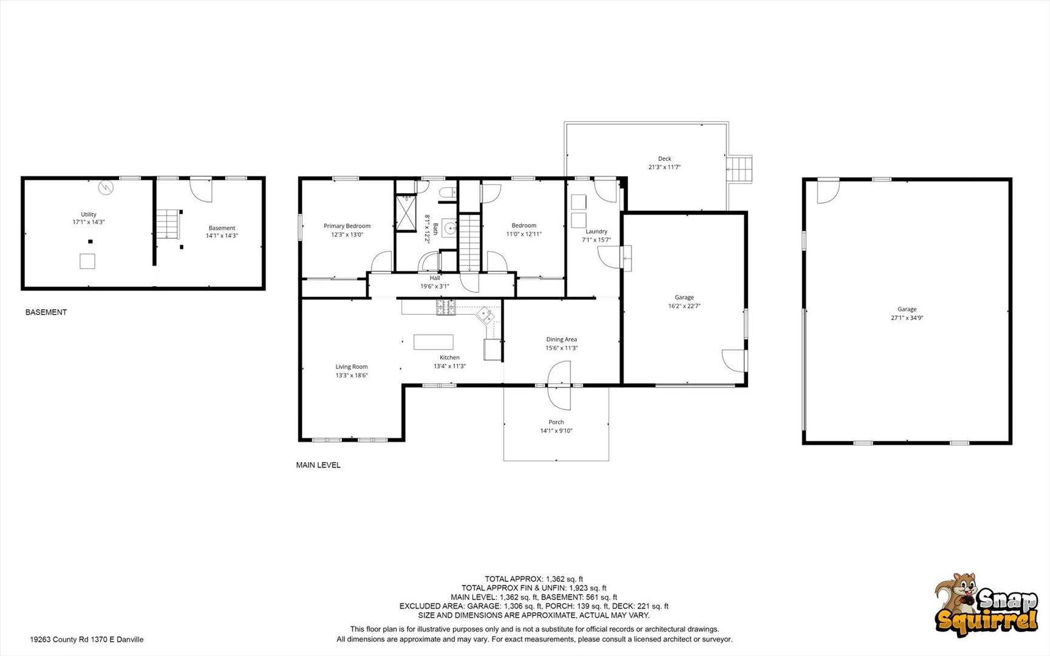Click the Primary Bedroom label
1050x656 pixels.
click(x=347, y=226)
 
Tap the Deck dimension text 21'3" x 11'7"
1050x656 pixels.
click(x=664, y=167)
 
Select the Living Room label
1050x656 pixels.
click(x=352, y=367)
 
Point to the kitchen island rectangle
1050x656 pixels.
click(x=434, y=342)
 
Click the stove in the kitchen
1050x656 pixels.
click(x=446, y=307)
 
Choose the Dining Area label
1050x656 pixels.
click(x=562, y=340)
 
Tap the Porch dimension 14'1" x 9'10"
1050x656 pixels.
click(x=556, y=431)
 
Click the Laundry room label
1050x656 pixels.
click(x=596, y=231)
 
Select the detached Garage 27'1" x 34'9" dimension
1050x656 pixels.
click(x=907, y=318)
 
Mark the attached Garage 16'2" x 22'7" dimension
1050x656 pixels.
click(x=684, y=306)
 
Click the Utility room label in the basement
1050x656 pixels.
click(x=89, y=214)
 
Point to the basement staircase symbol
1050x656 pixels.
click(x=168, y=224)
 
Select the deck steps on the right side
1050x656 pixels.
click(x=740, y=169)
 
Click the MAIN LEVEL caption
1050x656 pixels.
click(x=318, y=465)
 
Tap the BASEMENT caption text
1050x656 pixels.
click(x=46, y=312)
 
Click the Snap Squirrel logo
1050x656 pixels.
click(x=986, y=605)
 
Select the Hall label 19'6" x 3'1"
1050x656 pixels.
click(x=435, y=282)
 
